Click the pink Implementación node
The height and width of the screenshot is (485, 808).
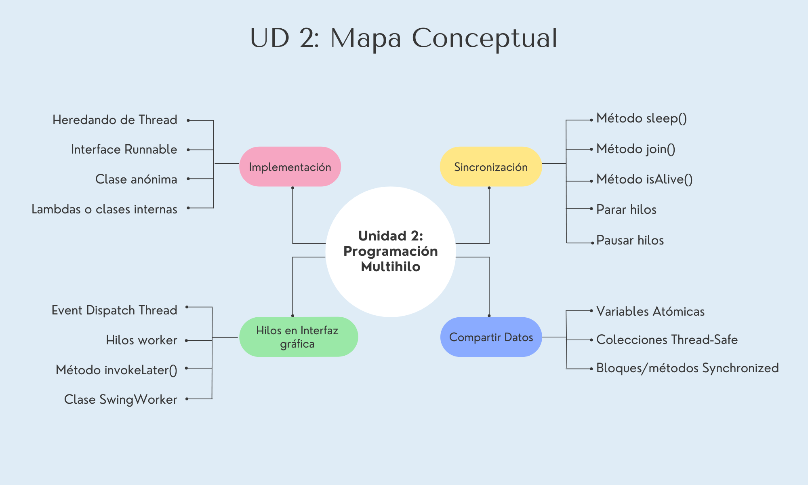[x=290, y=167]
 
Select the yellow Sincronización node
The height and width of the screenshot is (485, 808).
[x=490, y=167]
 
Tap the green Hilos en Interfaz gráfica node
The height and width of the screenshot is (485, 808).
[x=298, y=337]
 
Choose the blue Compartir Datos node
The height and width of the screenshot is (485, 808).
[x=491, y=337]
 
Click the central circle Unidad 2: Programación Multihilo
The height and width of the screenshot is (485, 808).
[x=390, y=251]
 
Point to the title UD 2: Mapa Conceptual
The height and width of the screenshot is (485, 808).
[x=404, y=38]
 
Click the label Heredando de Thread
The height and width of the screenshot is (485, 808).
[x=115, y=120]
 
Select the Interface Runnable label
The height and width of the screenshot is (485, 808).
[x=124, y=150]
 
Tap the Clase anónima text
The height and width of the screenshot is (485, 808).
[x=136, y=179]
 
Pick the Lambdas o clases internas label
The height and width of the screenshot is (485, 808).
[x=104, y=209]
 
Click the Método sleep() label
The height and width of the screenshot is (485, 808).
[x=642, y=118]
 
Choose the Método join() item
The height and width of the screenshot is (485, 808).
[x=636, y=149]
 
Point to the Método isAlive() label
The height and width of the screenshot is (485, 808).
[x=644, y=179]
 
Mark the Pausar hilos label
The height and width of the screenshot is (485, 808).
[x=630, y=240]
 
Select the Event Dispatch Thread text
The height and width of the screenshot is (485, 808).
[x=114, y=310]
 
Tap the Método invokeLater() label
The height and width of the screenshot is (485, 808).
[x=116, y=370]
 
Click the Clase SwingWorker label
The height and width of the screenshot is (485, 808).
[x=120, y=399]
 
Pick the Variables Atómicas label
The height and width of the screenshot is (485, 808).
[x=650, y=311]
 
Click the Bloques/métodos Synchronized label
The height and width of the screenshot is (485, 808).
[x=687, y=368]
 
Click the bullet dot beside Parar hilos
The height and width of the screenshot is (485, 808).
[x=591, y=209]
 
